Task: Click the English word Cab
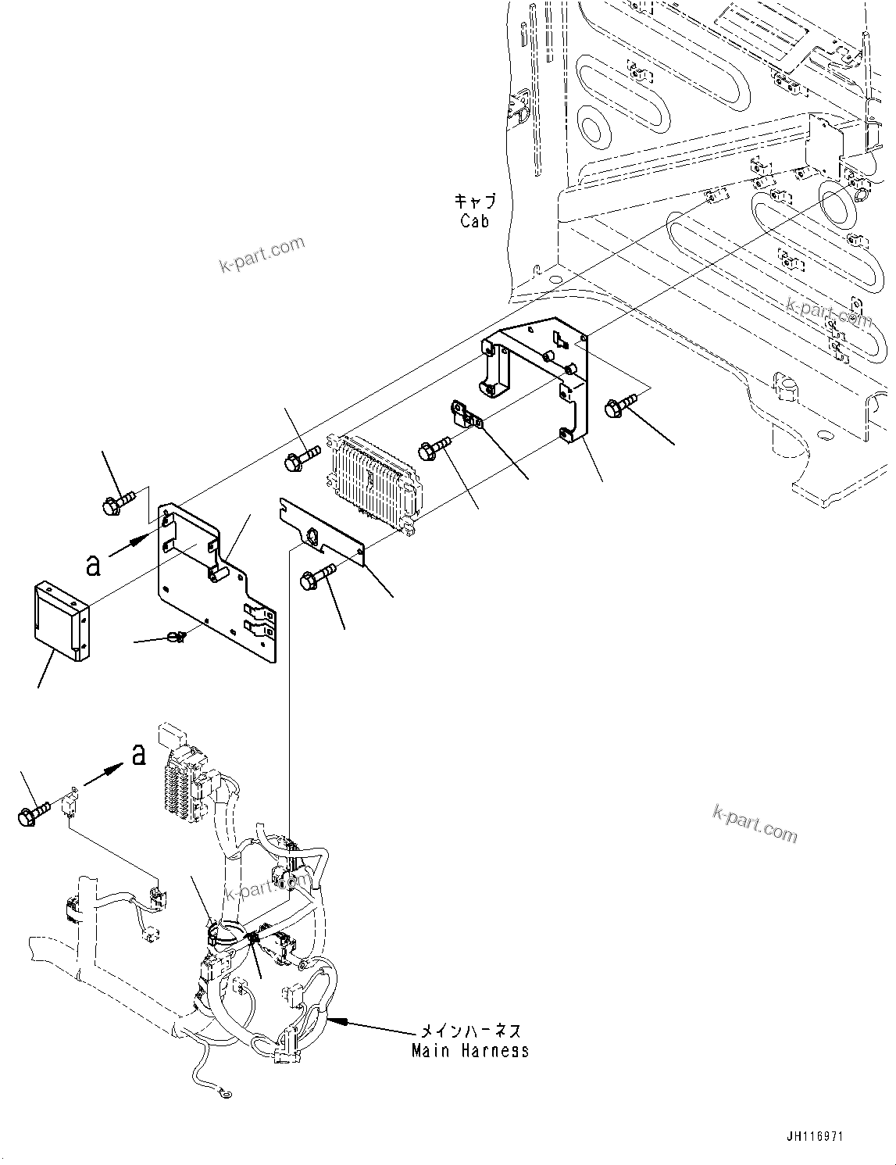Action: coord(474,221)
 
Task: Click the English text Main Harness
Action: coord(470,1050)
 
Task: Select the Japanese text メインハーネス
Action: coord(470,1032)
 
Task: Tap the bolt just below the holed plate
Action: coord(316,578)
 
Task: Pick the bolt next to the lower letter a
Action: coord(33,813)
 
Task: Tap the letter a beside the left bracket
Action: coord(94,564)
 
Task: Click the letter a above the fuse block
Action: coord(138,755)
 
